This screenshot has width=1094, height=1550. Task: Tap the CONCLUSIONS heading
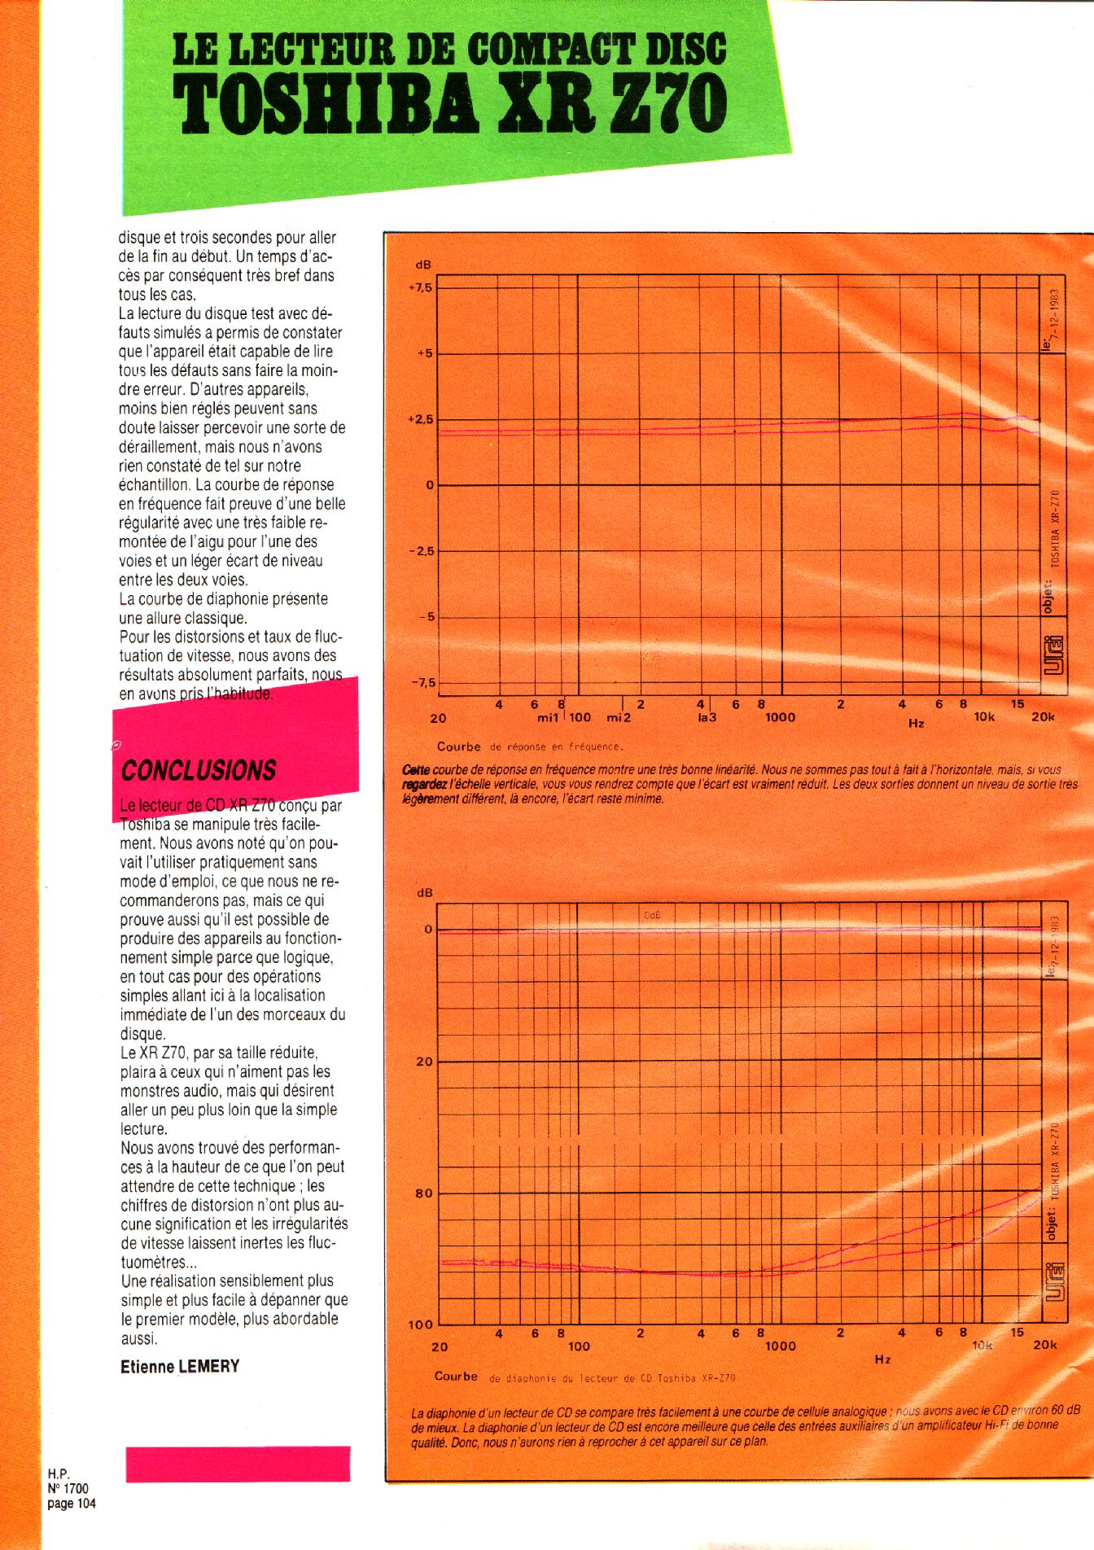click(x=199, y=770)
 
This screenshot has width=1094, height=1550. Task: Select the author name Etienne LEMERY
click(x=180, y=1367)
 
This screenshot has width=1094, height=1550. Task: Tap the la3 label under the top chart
click(x=706, y=717)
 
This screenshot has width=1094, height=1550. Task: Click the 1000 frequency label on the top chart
click(x=780, y=717)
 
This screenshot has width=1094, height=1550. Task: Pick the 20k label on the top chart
click(x=1042, y=717)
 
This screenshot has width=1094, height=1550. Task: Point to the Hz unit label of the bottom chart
click(x=882, y=1359)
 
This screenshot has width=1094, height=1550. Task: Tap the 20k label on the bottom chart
click(x=1044, y=1346)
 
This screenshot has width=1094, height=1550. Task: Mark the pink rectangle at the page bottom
click(x=238, y=1464)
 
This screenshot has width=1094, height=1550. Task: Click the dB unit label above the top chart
click(x=423, y=265)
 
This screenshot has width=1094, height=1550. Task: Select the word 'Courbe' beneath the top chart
click(x=458, y=746)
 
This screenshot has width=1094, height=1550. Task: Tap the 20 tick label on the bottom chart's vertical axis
click(x=425, y=1062)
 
